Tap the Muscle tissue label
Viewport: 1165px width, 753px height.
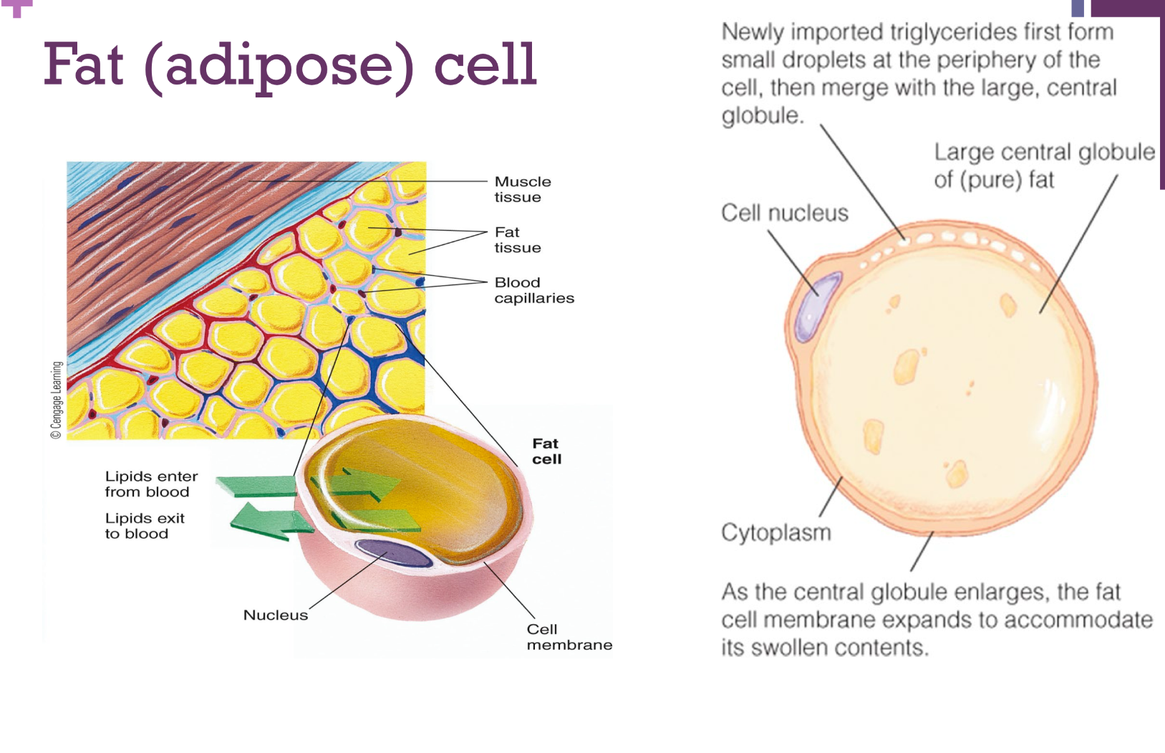point(522,189)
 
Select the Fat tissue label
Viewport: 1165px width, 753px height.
point(517,239)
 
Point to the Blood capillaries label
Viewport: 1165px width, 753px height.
point(533,289)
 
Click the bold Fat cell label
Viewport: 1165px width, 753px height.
point(546,451)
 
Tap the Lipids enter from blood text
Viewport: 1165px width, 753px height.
point(150,484)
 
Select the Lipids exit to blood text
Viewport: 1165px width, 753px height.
point(144,525)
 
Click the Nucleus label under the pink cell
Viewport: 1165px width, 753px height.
point(275,615)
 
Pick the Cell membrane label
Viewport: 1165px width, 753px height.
point(569,636)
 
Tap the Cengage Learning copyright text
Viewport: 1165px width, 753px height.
point(56,399)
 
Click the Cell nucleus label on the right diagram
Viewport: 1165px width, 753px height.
point(784,213)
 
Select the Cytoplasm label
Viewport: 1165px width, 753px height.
point(775,532)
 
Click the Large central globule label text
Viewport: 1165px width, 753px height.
point(1043,165)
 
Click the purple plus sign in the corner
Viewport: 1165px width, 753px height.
point(17,7)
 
